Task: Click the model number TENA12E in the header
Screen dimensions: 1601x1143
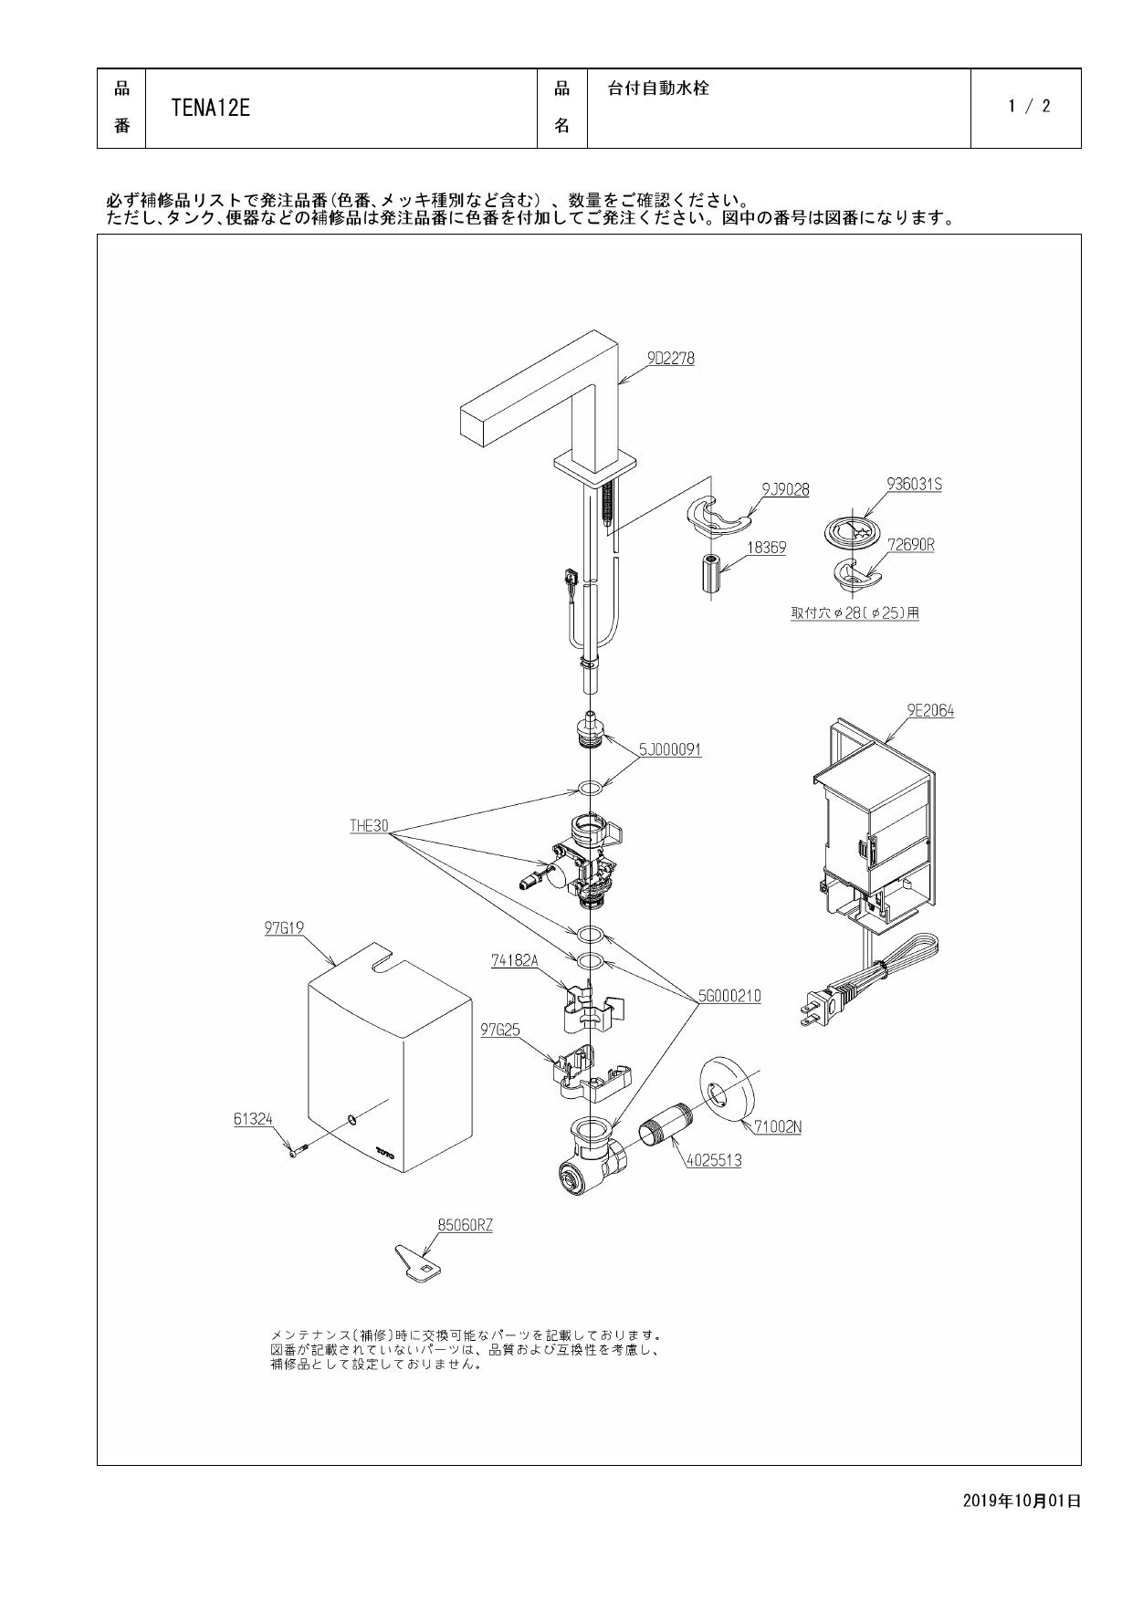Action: click(x=210, y=109)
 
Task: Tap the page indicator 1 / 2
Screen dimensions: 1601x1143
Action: click(x=1029, y=107)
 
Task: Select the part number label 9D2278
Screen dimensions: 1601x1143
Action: click(x=671, y=359)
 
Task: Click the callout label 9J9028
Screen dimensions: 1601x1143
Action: click(x=785, y=490)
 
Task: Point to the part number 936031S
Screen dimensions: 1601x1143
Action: click(x=914, y=485)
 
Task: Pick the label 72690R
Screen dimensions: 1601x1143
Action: click(x=910, y=545)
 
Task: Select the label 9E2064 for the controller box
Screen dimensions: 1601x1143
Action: click(x=930, y=710)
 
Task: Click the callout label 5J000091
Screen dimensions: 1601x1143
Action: click(x=670, y=749)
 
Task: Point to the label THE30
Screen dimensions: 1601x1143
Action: click(x=369, y=826)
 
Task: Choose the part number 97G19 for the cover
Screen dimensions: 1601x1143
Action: click(x=284, y=928)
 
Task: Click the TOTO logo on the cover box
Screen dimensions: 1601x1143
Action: click(x=384, y=1153)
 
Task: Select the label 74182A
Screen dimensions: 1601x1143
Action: click(x=515, y=960)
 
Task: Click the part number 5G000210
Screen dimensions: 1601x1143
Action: click(x=729, y=996)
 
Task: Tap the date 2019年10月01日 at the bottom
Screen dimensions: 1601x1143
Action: click(x=1022, y=1500)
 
